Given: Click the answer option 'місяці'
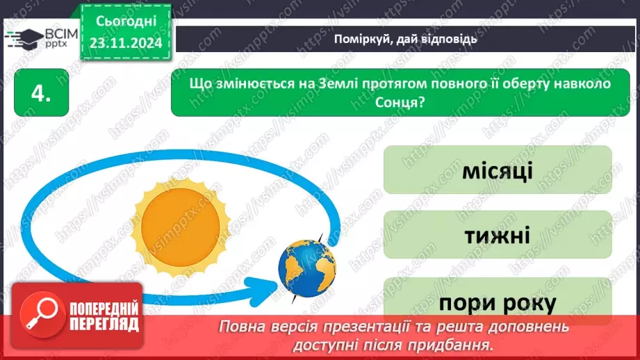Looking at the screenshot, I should click(497, 170).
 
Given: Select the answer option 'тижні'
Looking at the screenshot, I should click(497, 235).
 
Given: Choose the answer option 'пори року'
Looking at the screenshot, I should click(497, 302).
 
